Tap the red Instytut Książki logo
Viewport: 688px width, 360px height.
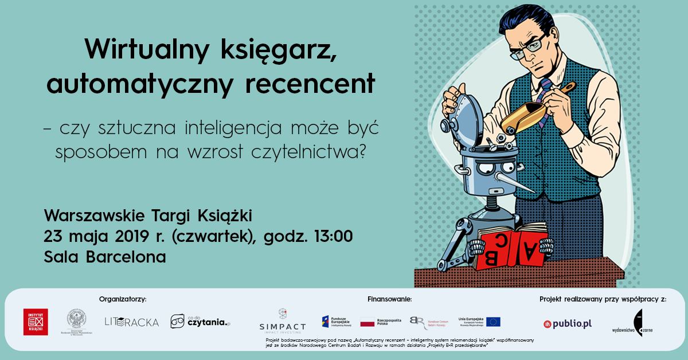(x=36, y=322)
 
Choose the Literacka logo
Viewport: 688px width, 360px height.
(x=131, y=322)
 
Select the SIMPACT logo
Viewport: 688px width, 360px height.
(x=283, y=322)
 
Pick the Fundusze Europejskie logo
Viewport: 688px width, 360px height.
(x=336, y=322)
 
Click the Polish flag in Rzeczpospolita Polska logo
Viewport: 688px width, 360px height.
(x=367, y=322)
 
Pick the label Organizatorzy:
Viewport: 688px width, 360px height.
(x=123, y=299)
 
